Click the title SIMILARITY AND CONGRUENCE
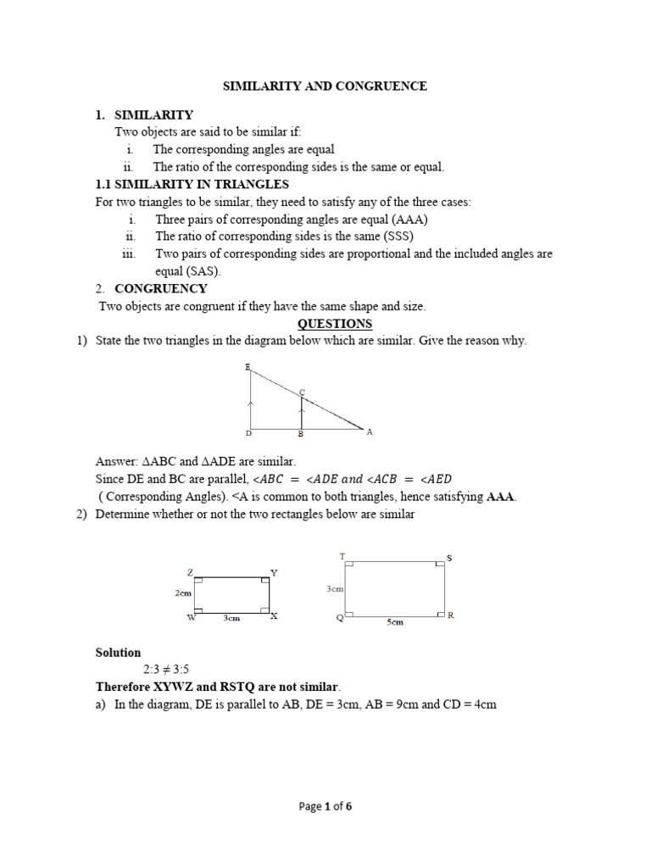click(x=325, y=86)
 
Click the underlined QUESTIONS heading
click(x=334, y=324)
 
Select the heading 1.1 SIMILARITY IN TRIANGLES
click(x=192, y=184)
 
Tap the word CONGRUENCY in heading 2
click(x=161, y=289)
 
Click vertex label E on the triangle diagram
click(x=247, y=367)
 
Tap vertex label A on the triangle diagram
click(x=369, y=431)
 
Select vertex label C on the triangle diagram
click(x=302, y=392)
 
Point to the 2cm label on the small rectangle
click(x=184, y=594)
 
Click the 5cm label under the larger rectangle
click(x=395, y=622)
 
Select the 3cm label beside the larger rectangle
click(x=334, y=587)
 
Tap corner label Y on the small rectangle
click(x=273, y=573)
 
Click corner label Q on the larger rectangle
click(x=340, y=618)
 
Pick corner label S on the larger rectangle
click(x=449, y=557)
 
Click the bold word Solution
click(x=119, y=653)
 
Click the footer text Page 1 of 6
click(x=325, y=807)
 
